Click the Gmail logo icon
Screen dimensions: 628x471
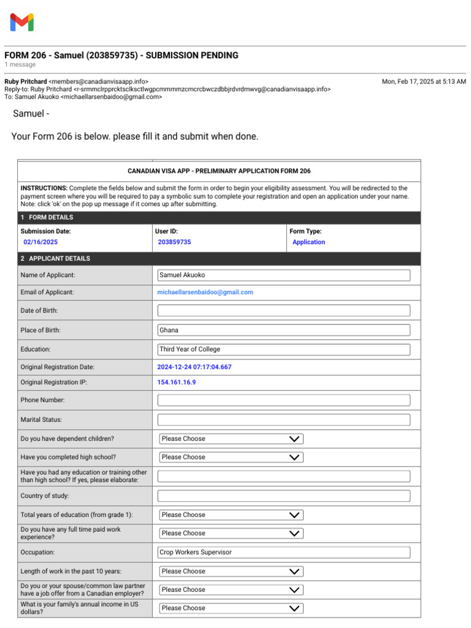tap(22, 23)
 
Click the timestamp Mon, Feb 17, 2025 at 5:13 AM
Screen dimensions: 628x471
tap(424, 82)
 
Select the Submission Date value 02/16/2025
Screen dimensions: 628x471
tap(40, 242)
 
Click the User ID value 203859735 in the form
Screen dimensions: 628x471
tap(174, 242)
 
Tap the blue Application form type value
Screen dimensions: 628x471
tap(308, 242)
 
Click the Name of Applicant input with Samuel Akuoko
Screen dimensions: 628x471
tap(283, 275)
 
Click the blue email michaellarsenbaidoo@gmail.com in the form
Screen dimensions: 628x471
tap(205, 293)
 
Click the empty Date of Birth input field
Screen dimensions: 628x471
tap(283, 310)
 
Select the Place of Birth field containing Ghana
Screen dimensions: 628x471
tap(283, 330)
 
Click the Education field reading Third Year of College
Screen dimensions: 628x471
tap(283, 350)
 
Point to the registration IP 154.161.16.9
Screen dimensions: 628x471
tap(177, 382)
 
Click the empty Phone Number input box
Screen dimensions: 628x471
tap(283, 400)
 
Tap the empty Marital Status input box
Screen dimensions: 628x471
tap(283, 420)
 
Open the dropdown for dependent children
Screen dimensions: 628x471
tap(231, 439)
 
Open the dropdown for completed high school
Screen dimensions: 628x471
tap(231, 458)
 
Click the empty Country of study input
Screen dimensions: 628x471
tap(283, 496)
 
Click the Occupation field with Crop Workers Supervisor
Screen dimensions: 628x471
tap(283, 553)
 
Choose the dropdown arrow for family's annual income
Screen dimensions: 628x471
tap(294, 608)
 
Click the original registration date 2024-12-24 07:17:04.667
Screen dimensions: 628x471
tap(194, 367)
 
